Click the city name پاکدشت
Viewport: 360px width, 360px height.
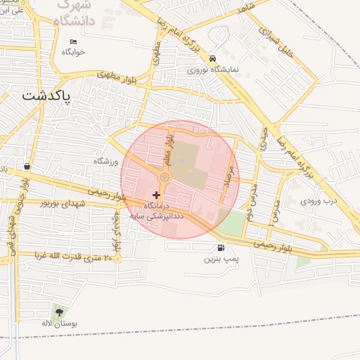[47, 96]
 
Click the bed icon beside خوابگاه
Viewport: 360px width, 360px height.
[72, 41]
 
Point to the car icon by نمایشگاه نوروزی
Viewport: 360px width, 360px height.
[213, 59]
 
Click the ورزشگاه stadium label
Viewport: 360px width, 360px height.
[108, 161]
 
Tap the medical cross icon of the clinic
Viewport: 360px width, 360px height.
[156, 193]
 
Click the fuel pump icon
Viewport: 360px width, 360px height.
[222, 247]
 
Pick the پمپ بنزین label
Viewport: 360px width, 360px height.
[222, 259]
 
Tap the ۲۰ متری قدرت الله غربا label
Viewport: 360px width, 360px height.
[67, 257]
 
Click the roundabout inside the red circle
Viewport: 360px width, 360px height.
[164, 177]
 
